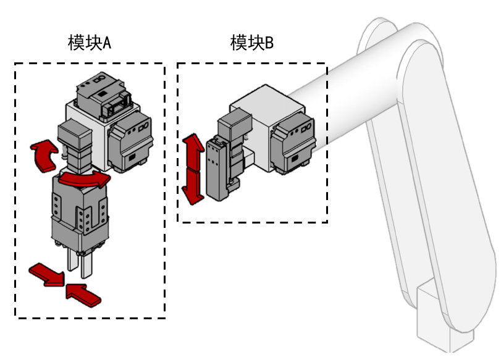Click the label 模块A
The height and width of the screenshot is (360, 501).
tap(89, 43)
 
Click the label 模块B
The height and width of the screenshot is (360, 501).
tap(251, 43)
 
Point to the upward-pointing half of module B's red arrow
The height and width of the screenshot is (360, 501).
tap(192, 151)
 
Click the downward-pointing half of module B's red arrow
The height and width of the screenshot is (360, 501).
tap(192, 187)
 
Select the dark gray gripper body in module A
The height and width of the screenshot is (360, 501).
tap(81, 213)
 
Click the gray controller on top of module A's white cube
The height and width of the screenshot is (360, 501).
tap(102, 93)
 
